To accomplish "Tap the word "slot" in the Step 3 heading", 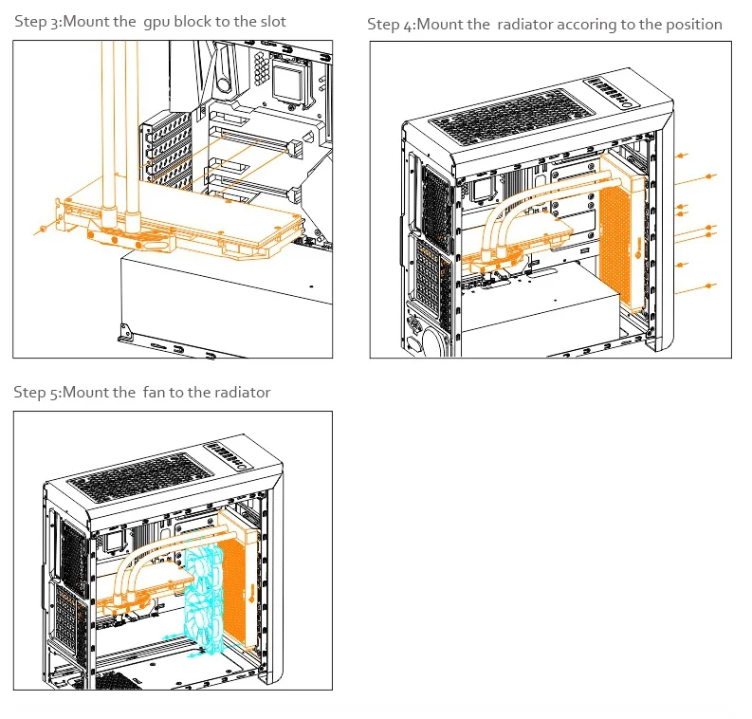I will click(271, 22).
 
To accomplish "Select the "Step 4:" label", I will click(390, 25).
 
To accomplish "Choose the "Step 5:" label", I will click(37, 393).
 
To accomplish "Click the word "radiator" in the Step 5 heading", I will click(243, 393).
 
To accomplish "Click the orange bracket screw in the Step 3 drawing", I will click(43, 230).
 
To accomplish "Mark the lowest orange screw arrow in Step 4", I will click(709, 285).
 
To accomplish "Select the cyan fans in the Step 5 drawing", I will click(204, 598).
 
